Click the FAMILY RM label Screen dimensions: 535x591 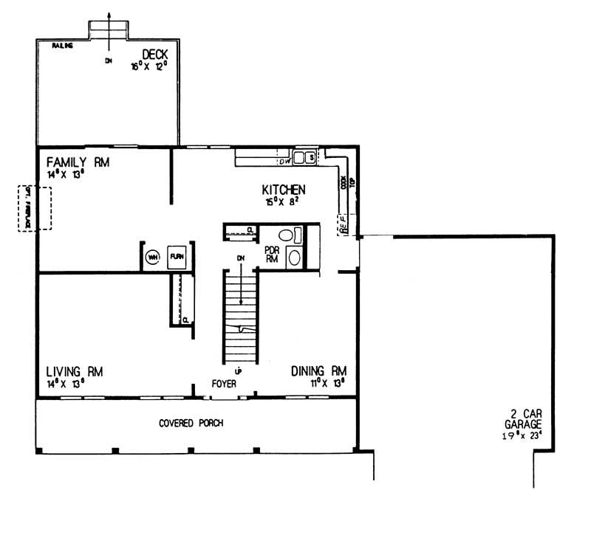(77, 162)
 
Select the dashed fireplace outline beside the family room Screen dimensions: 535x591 (35, 208)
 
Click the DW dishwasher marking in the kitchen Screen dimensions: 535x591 (284, 162)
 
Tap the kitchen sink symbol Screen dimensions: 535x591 (304, 157)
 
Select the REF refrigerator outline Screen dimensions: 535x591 (344, 224)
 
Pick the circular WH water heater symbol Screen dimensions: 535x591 (153, 257)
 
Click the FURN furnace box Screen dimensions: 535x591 (177, 257)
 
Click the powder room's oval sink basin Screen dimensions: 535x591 (293, 258)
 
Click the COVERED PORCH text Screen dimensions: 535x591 (191, 424)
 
